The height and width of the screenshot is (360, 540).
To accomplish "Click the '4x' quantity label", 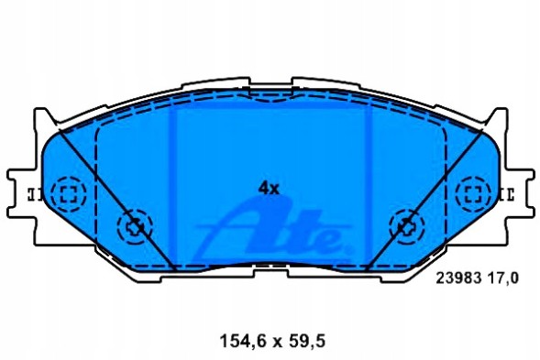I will tap(268, 188).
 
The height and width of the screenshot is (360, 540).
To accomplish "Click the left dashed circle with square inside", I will tap(67, 192).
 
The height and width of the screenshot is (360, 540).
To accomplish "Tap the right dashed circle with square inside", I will tap(473, 192).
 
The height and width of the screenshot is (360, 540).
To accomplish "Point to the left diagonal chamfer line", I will tap(115, 196).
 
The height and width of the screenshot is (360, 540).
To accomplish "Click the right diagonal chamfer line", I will tap(425, 196).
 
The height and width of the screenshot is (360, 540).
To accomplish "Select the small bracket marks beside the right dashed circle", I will tap(506, 192).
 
